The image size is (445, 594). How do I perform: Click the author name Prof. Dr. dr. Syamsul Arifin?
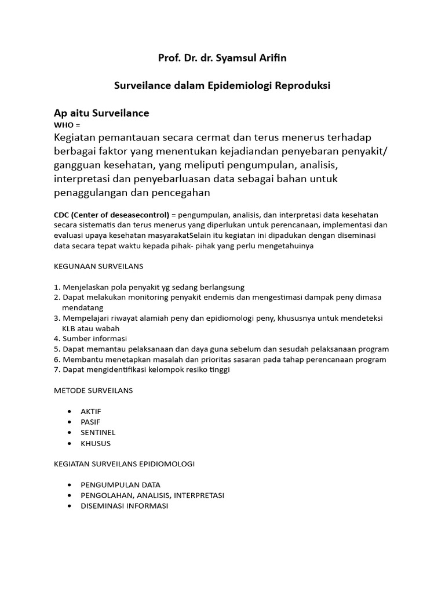click(x=222, y=58)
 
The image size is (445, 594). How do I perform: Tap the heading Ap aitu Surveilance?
click(x=101, y=113)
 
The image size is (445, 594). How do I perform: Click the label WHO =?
click(x=67, y=125)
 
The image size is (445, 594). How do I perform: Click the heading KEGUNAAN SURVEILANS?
click(x=98, y=266)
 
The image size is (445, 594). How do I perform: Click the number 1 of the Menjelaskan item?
click(x=56, y=287)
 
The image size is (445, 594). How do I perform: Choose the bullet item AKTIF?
click(x=91, y=411)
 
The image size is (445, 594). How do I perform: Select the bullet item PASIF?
click(x=90, y=422)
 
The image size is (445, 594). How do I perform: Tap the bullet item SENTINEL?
click(x=98, y=433)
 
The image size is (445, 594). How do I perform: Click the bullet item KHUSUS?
click(x=96, y=443)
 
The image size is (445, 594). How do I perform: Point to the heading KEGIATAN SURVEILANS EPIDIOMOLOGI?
click(x=124, y=464)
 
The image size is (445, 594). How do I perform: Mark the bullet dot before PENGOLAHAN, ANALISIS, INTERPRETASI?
click(x=70, y=495)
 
